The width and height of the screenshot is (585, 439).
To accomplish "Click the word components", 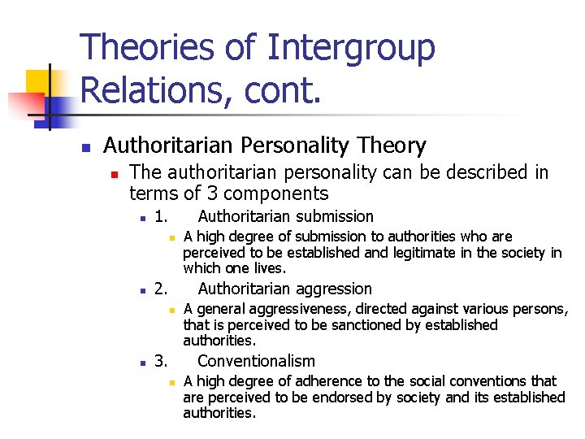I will [275, 193].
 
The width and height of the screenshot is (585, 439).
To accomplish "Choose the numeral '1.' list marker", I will [161, 216].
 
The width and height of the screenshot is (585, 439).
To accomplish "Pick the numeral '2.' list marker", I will [161, 289].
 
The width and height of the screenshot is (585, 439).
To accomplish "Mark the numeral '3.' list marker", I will [161, 361].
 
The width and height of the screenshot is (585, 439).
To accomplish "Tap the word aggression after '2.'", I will [331, 289].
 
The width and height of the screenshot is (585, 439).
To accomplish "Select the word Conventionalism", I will [256, 361].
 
